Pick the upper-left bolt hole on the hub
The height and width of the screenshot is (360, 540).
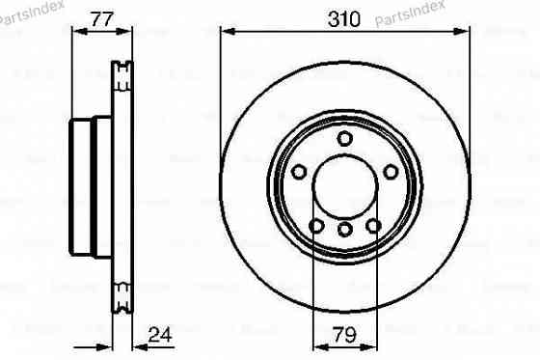(x=298, y=172)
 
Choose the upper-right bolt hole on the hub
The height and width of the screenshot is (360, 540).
(x=391, y=172)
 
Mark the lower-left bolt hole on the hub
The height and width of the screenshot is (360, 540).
(x=316, y=227)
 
